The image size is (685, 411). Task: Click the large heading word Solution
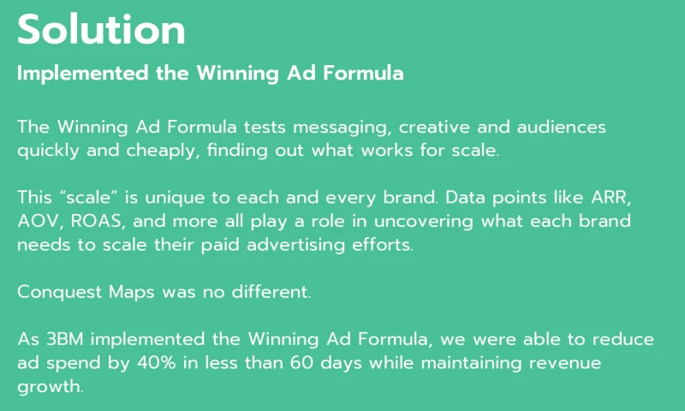tap(101, 30)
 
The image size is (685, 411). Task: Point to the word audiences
tap(562, 127)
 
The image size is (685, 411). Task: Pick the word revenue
tap(566, 361)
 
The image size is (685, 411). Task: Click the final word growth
tap(50, 386)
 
